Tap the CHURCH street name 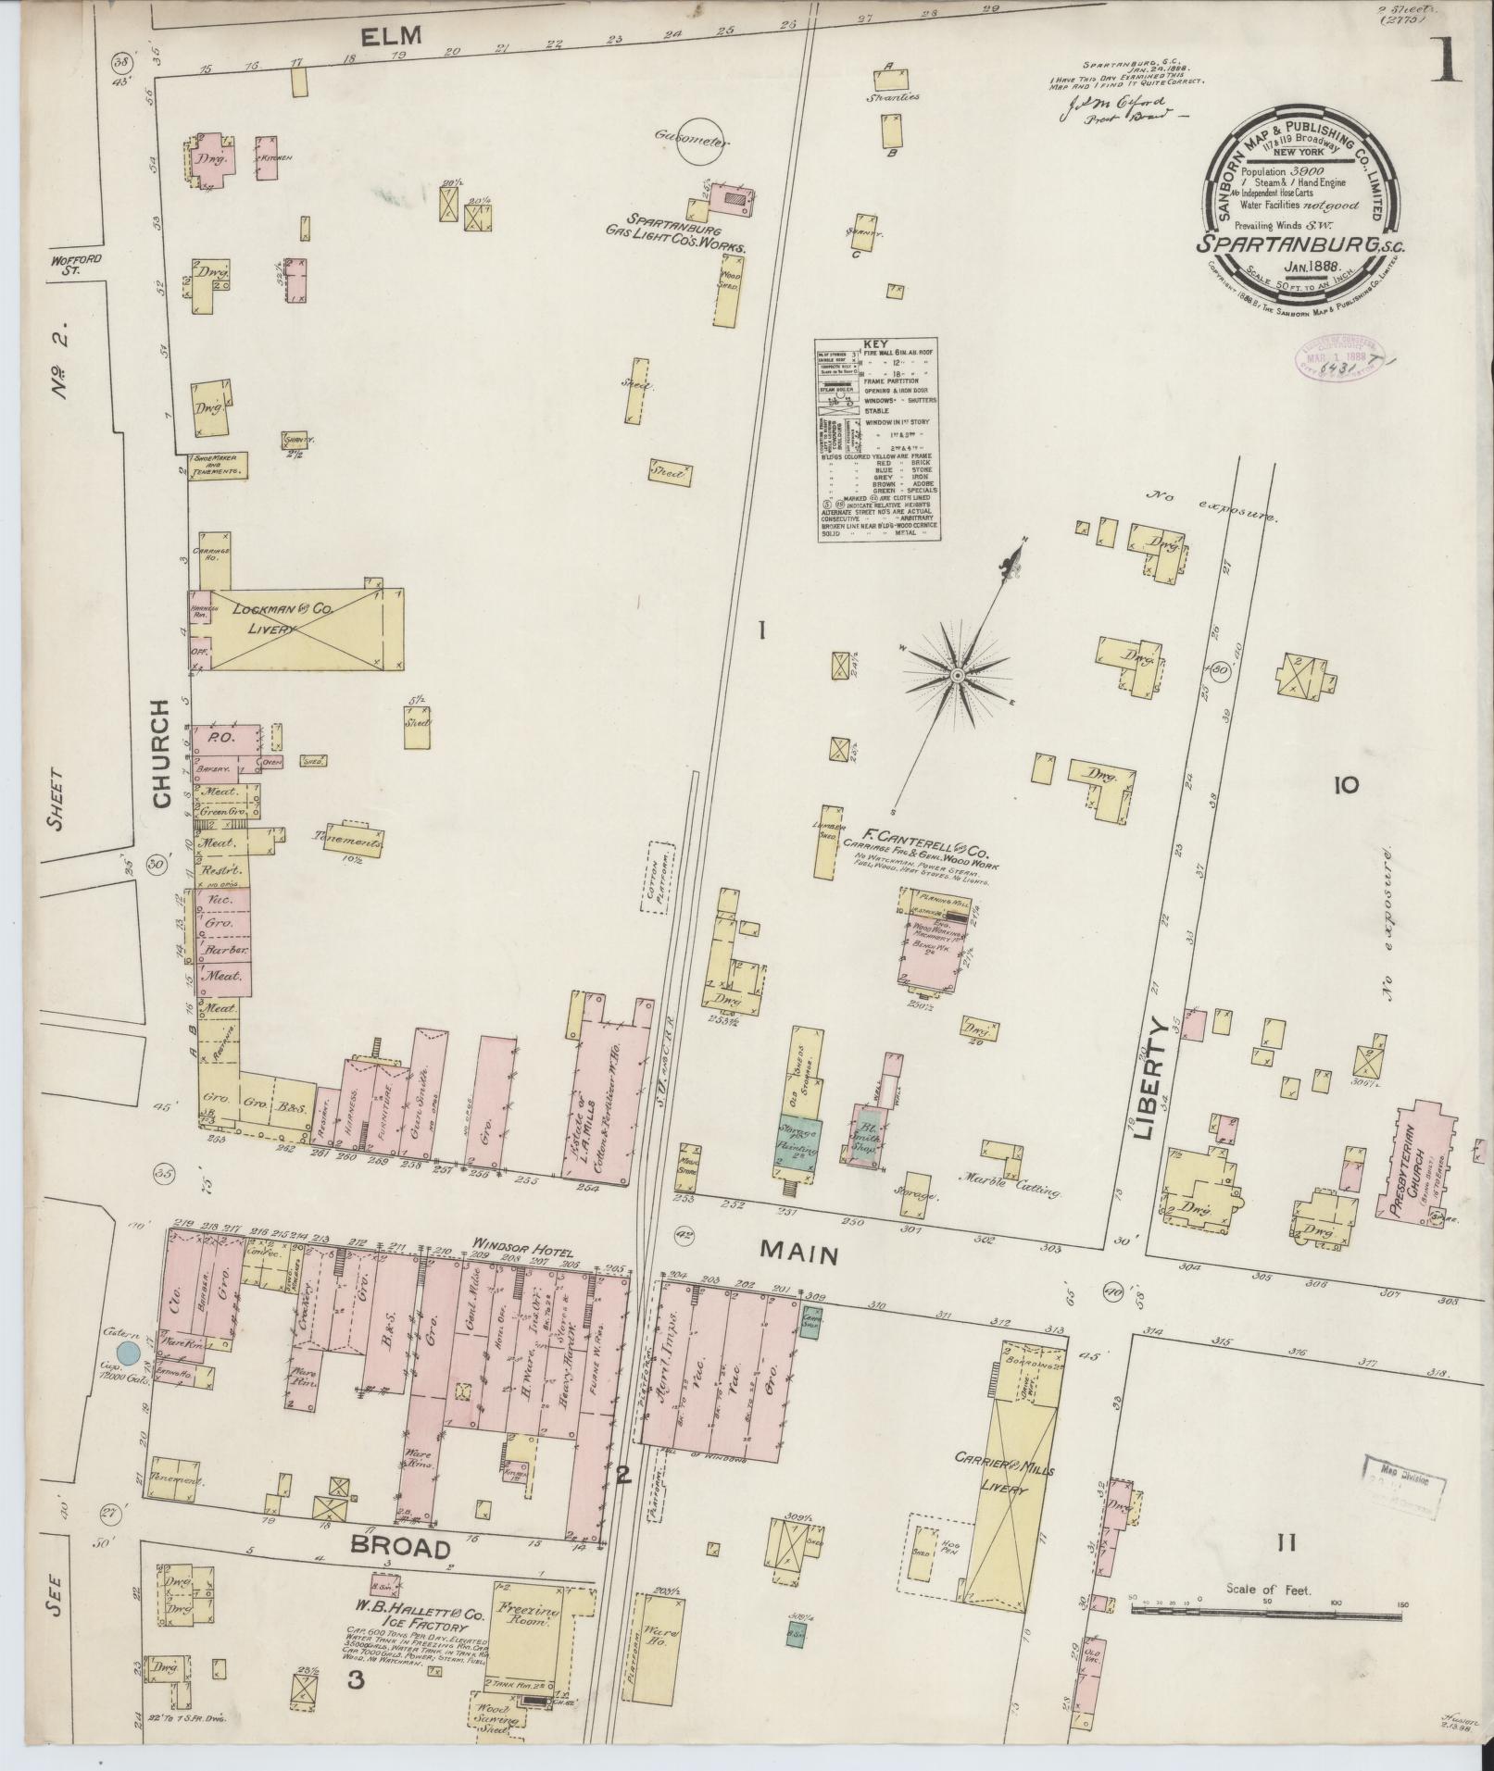pyautogui.click(x=162, y=754)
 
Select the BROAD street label pyautogui.click(x=402, y=1548)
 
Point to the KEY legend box pyautogui.click(x=877, y=439)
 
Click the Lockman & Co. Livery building pyautogui.click(x=296, y=628)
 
